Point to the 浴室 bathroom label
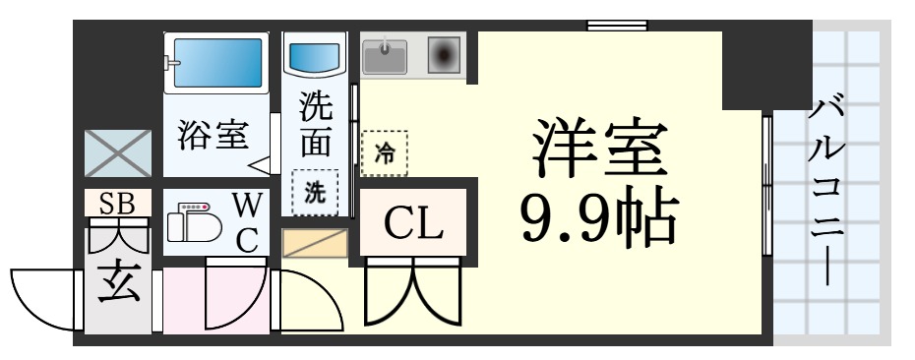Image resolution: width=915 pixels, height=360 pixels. point(212,135)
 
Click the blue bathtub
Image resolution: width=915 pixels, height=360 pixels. point(216,65)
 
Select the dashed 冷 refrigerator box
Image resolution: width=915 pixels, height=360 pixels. point(384,152)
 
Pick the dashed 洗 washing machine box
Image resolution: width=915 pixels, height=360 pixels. point(314,192)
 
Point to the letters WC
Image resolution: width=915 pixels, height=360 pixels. point(247,222)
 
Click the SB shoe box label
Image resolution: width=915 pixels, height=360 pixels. point(117,203)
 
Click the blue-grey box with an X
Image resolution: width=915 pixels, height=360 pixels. point(117,153)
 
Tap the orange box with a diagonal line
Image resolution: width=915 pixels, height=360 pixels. point(315,243)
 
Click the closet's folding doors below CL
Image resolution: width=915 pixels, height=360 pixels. point(413,290)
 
